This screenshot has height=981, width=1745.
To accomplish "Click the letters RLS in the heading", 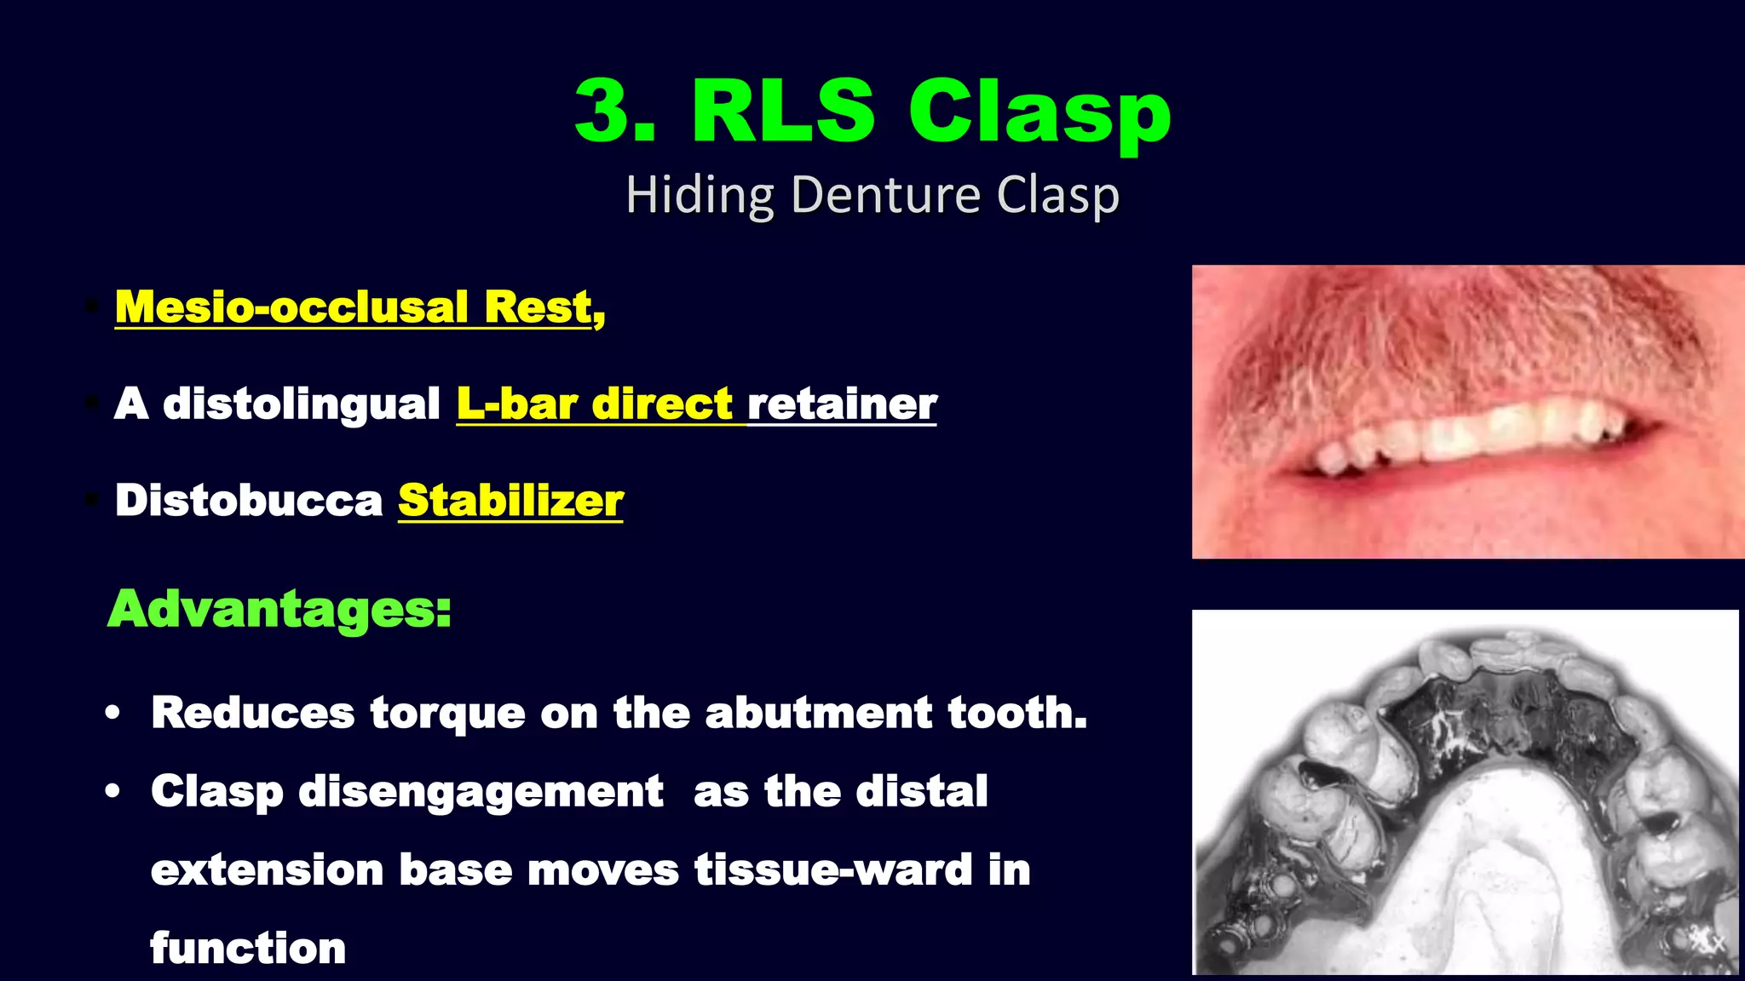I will coord(782,111).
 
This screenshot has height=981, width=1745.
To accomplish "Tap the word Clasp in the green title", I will coord(1040,113).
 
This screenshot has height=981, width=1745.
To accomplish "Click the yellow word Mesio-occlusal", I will coord(291,307).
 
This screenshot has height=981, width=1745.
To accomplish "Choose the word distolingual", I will coord(302,404).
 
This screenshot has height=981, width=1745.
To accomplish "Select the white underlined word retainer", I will coord(842,404).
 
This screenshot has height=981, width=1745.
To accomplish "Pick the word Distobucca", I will coord(249,500).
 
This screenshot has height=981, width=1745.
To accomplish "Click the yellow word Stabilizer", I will coord(510,500).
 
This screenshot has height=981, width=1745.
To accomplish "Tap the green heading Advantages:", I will coord(279,609).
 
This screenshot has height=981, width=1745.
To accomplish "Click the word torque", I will coord(447,713).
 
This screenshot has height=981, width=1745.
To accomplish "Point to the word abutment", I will coord(818,713).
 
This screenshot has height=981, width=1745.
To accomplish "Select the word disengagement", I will coord(481,792).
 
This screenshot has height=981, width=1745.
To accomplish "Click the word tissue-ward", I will coord(833,870).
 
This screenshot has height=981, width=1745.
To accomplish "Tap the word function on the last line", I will coord(248,949).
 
